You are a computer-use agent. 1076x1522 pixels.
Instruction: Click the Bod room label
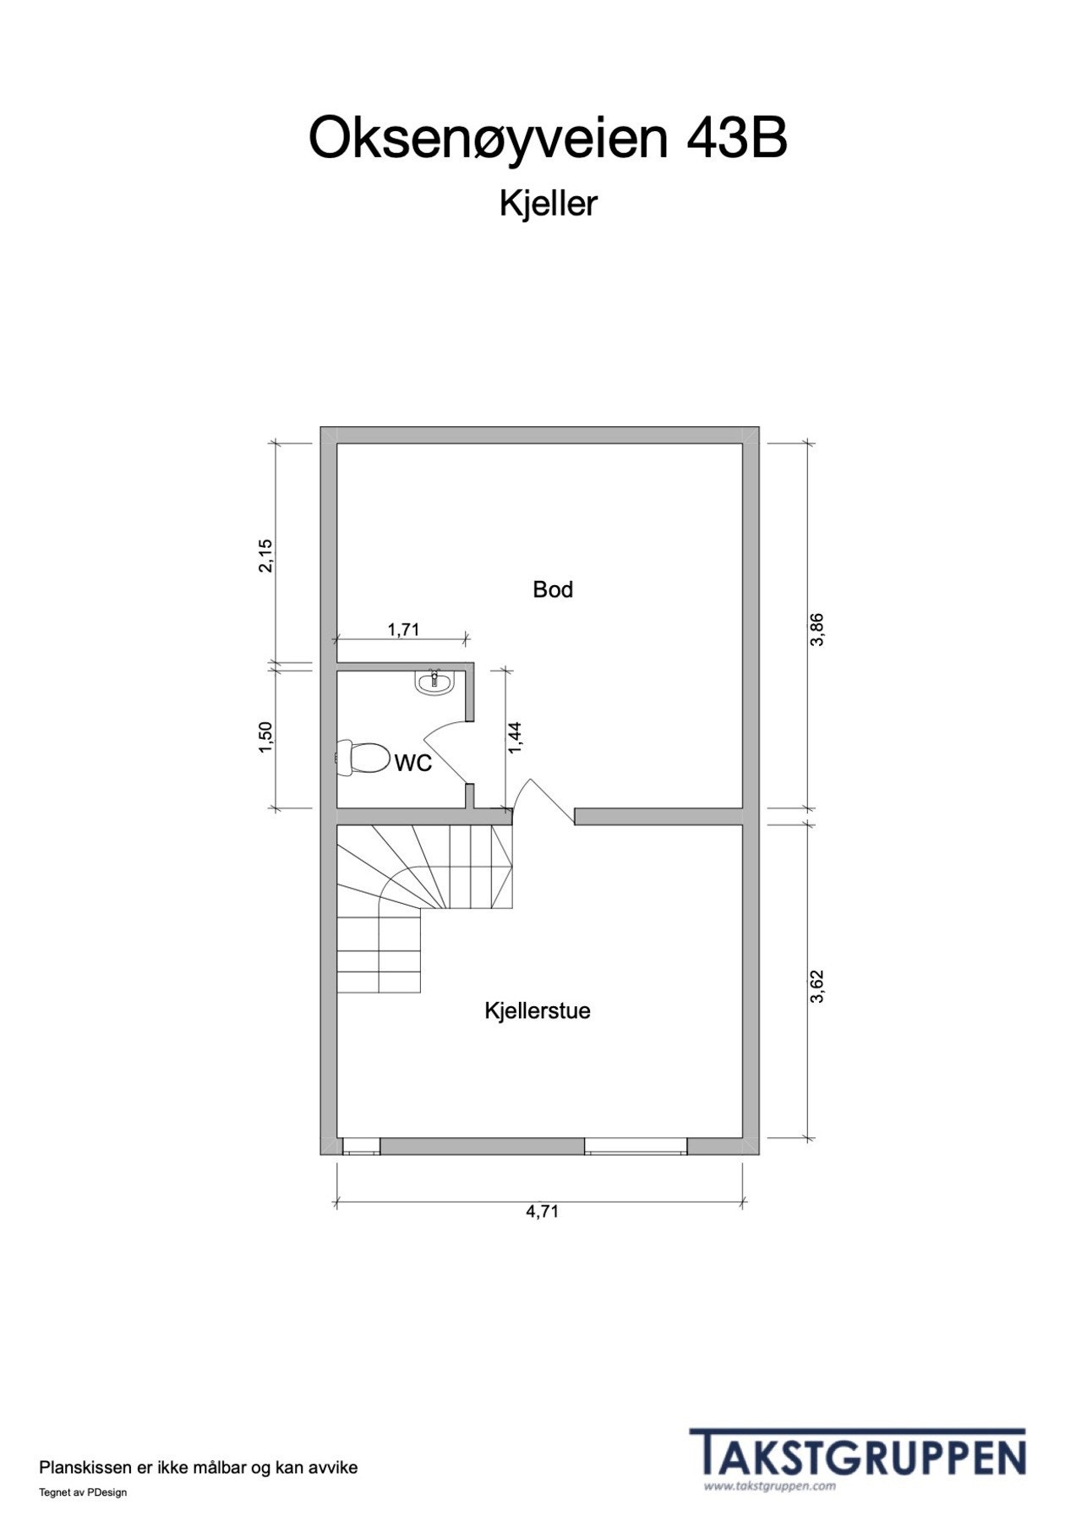[553, 589]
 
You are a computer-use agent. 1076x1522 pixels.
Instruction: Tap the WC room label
[413, 764]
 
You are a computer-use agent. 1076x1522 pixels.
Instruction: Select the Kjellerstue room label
[538, 1010]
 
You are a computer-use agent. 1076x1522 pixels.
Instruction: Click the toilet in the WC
[359, 757]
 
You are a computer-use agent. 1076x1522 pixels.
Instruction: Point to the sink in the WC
[435, 682]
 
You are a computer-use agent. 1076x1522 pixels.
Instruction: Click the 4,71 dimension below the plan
[543, 1211]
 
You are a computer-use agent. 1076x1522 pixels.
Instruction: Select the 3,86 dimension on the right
[817, 629]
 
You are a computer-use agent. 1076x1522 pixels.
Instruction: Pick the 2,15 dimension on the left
[266, 556]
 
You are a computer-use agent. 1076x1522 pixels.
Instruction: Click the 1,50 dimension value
[266, 738]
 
